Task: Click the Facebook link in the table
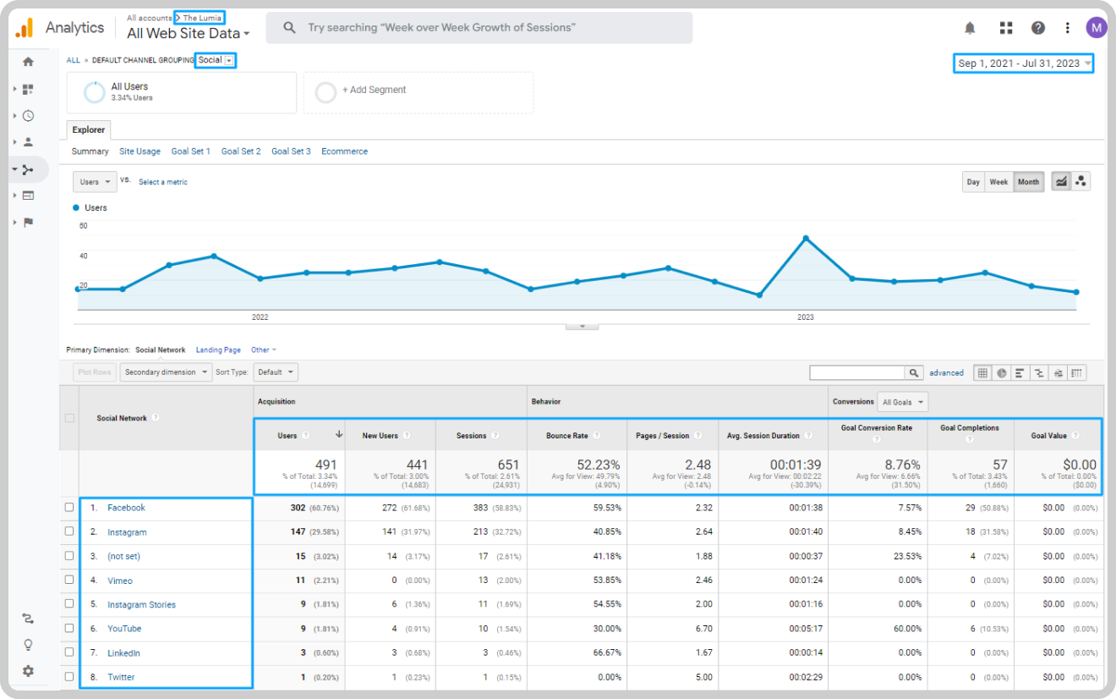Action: point(126,508)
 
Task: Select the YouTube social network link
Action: point(124,629)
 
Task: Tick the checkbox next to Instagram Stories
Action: point(69,603)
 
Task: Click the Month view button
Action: point(1028,182)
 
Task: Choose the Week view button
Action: point(998,182)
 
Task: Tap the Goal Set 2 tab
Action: point(241,151)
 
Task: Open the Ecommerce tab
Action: point(344,151)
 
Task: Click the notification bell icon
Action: point(970,28)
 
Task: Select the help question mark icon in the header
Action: point(1037,28)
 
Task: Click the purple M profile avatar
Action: point(1096,28)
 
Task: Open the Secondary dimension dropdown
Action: point(166,372)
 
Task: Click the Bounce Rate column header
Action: point(567,436)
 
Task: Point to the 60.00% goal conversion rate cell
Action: point(907,629)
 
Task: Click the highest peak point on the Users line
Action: point(806,239)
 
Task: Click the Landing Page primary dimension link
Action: point(218,350)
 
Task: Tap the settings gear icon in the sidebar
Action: point(28,671)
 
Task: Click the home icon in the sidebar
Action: point(28,62)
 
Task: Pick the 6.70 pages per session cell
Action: point(704,629)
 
